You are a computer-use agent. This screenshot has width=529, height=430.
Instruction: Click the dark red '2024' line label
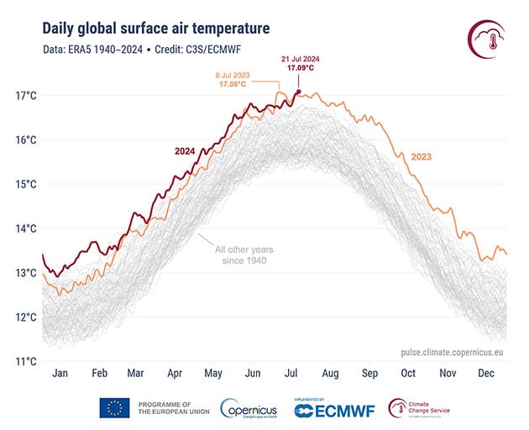point(186,151)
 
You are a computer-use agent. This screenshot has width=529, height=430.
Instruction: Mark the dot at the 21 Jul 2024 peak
point(298,92)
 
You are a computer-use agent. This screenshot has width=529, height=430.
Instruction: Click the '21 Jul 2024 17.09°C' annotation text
point(298,62)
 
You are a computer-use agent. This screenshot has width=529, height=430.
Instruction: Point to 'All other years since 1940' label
point(244,255)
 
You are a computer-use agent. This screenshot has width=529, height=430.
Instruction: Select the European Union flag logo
point(114,409)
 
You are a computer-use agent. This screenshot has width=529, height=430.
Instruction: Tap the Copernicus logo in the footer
point(249,409)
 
